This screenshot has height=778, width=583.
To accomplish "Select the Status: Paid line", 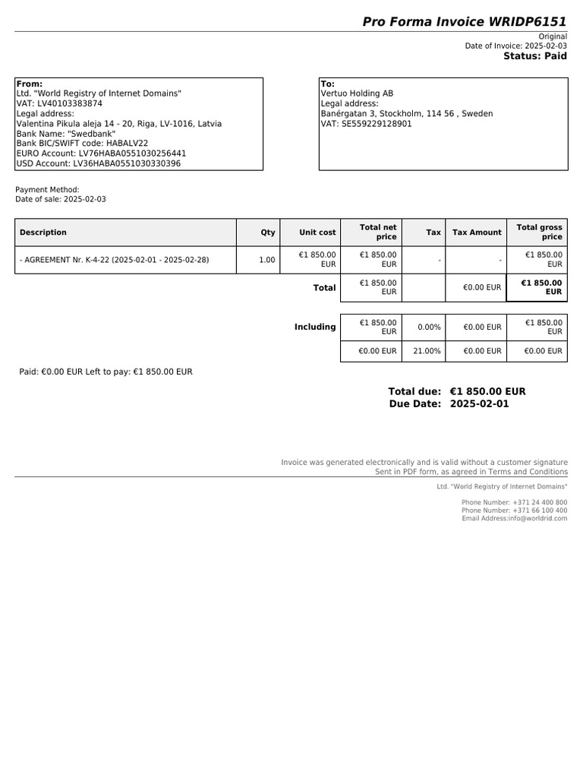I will click(534, 56).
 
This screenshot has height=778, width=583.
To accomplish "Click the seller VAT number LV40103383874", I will click(70, 103).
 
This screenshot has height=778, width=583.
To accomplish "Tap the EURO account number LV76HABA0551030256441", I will click(132, 153).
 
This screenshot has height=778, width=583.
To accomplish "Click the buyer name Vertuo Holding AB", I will click(357, 93).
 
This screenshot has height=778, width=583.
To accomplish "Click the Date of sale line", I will click(61, 199).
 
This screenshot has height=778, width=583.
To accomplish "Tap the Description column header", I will click(43, 232).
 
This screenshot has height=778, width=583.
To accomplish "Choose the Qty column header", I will click(268, 232).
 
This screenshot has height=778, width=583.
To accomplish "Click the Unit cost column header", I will click(317, 232).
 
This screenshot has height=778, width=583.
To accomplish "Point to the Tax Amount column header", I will click(477, 232).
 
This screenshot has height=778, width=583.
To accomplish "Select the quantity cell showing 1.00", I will click(266, 260).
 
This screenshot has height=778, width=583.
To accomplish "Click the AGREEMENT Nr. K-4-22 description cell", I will click(114, 260).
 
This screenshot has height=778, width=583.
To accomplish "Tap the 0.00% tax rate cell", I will click(429, 327).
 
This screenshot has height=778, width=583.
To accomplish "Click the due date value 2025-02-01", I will click(479, 404).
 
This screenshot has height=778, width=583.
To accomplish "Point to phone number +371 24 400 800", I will click(540, 502).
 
